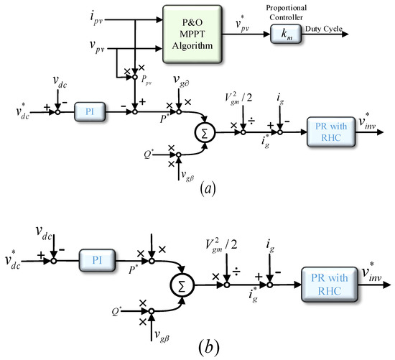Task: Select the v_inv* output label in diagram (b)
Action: [x=373, y=270]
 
